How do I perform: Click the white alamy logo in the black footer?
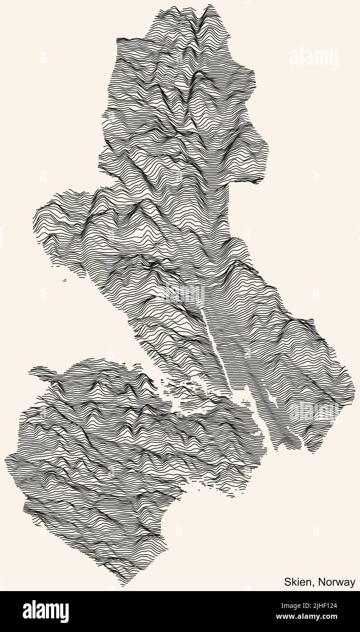tap(45, 612)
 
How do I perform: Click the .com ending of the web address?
tap(345, 617)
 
